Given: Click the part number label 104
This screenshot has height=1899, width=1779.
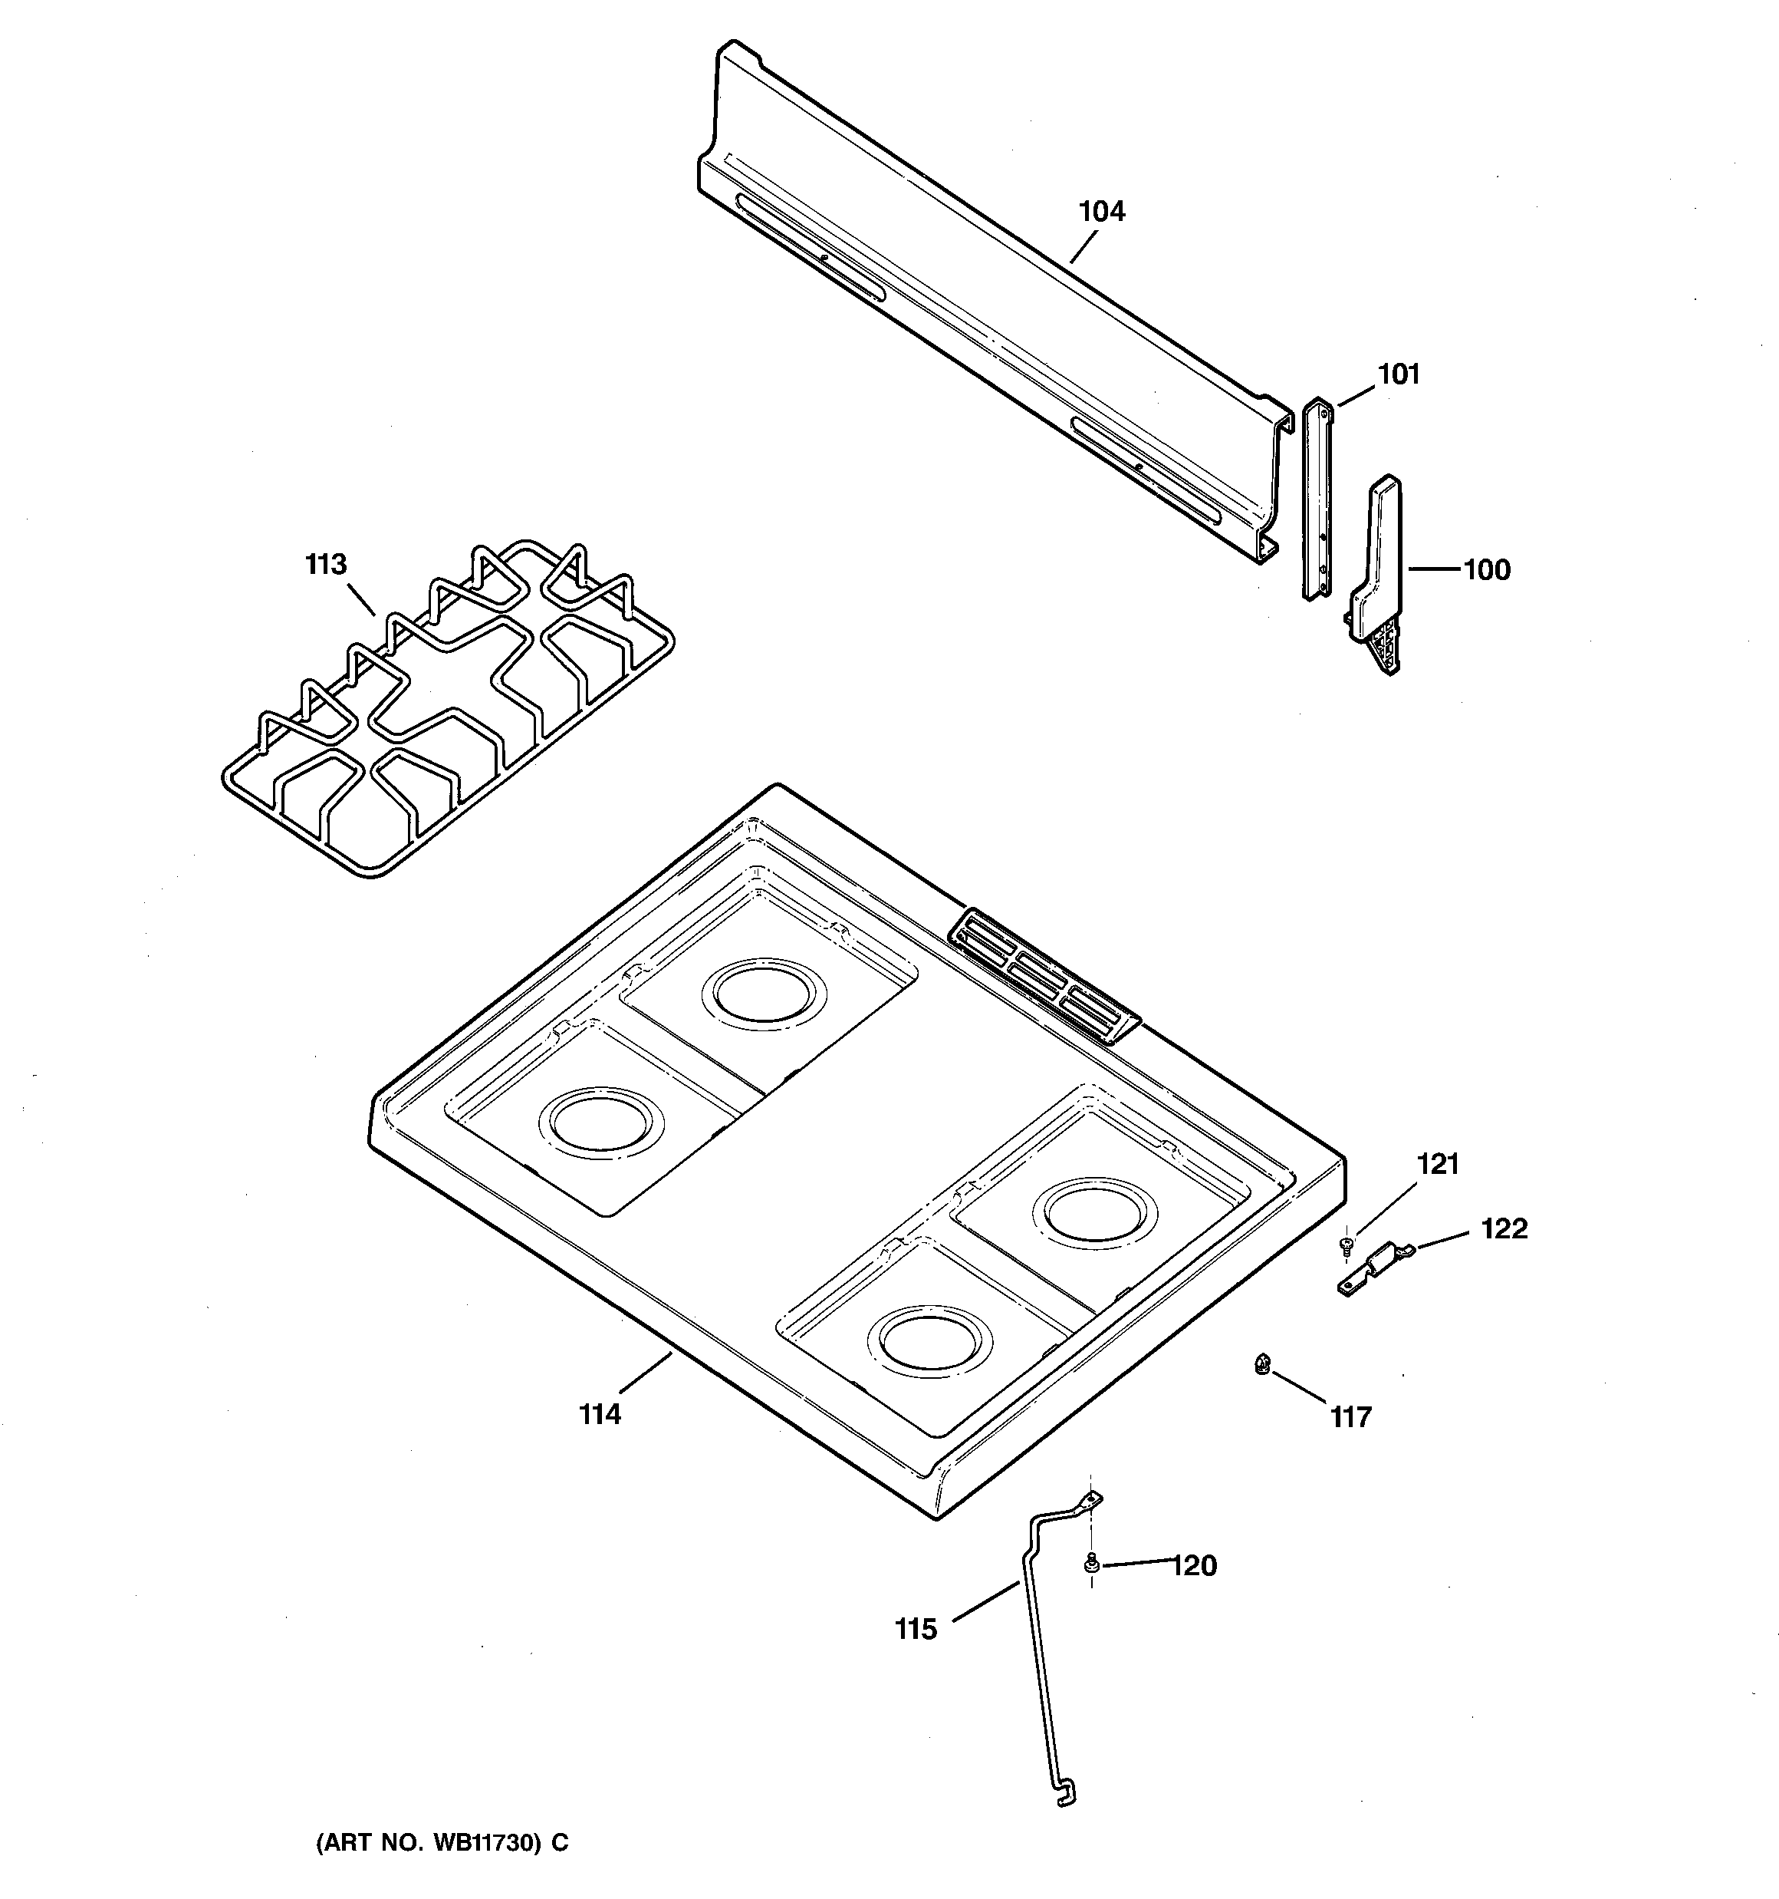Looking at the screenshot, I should tap(1101, 211).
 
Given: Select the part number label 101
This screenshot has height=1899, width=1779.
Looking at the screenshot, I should tap(1398, 374).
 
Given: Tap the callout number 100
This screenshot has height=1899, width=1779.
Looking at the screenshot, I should tap(1487, 570).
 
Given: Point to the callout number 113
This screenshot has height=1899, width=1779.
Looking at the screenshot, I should tap(326, 565).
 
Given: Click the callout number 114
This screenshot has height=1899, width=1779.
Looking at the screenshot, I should tap(600, 1415).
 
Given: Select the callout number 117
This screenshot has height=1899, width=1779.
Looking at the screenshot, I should tap(1350, 1418).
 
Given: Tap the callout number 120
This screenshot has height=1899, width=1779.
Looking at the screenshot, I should tap(1194, 1566).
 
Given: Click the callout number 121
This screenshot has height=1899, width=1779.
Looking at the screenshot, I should tap(1437, 1165).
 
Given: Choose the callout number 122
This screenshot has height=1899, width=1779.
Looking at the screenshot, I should tap(1503, 1228).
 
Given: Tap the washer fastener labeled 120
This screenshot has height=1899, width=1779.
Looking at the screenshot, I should tap(1090, 1564).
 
